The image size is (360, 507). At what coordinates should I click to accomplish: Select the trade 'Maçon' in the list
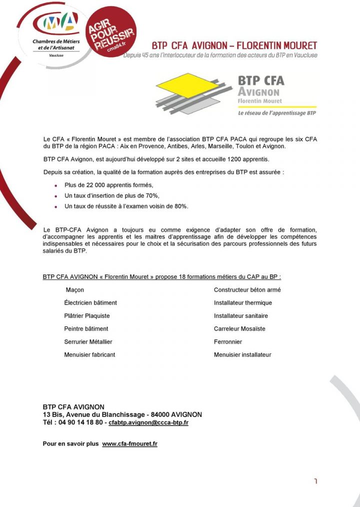75,290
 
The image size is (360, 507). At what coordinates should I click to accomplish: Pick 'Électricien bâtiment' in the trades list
90,303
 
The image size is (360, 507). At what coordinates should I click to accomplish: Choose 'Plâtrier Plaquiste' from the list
87,316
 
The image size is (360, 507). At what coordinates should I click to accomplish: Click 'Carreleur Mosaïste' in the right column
239,329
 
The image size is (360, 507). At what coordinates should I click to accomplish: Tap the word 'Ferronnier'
228,342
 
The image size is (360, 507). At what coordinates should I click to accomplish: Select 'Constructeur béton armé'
247,290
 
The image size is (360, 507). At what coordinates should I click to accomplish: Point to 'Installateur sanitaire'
241,316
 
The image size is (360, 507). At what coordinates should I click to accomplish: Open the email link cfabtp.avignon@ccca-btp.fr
148,423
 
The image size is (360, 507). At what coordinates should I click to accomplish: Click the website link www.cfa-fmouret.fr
129,444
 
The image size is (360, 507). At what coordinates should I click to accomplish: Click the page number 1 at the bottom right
315,481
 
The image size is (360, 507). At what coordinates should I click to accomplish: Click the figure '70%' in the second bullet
151,195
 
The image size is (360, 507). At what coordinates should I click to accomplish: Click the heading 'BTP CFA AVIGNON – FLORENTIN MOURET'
234,46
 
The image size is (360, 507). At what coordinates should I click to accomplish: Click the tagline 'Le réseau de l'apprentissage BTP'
276,113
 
